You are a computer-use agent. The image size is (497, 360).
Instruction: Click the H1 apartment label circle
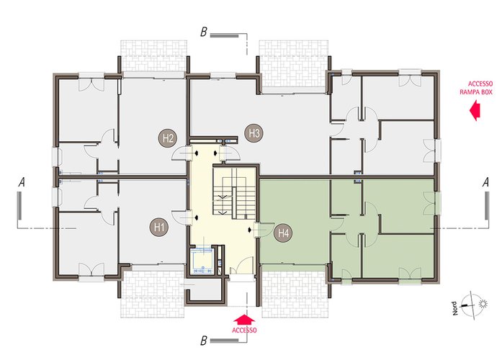point(159,227)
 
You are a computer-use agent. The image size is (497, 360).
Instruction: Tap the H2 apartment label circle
point(168,138)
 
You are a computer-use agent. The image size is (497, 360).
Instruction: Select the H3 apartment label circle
point(254,133)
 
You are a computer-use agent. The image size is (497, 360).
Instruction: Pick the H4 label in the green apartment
point(283,233)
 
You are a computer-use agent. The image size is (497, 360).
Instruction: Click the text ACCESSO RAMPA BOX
point(476,88)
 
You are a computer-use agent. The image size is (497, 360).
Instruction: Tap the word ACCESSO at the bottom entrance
point(244,330)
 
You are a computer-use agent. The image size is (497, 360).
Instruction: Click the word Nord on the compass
point(455,308)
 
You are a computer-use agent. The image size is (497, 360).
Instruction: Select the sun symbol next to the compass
point(483,304)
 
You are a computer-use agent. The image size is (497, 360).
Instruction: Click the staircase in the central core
point(234,193)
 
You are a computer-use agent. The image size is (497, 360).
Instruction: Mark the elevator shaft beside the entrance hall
point(202,261)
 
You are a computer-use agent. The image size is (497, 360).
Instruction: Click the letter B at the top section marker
point(204,32)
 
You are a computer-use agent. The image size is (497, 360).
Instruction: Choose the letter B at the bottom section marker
point(204,341)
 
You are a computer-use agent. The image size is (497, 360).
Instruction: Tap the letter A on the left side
point(21,182)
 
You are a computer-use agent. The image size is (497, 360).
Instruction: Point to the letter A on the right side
point(485,182)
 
